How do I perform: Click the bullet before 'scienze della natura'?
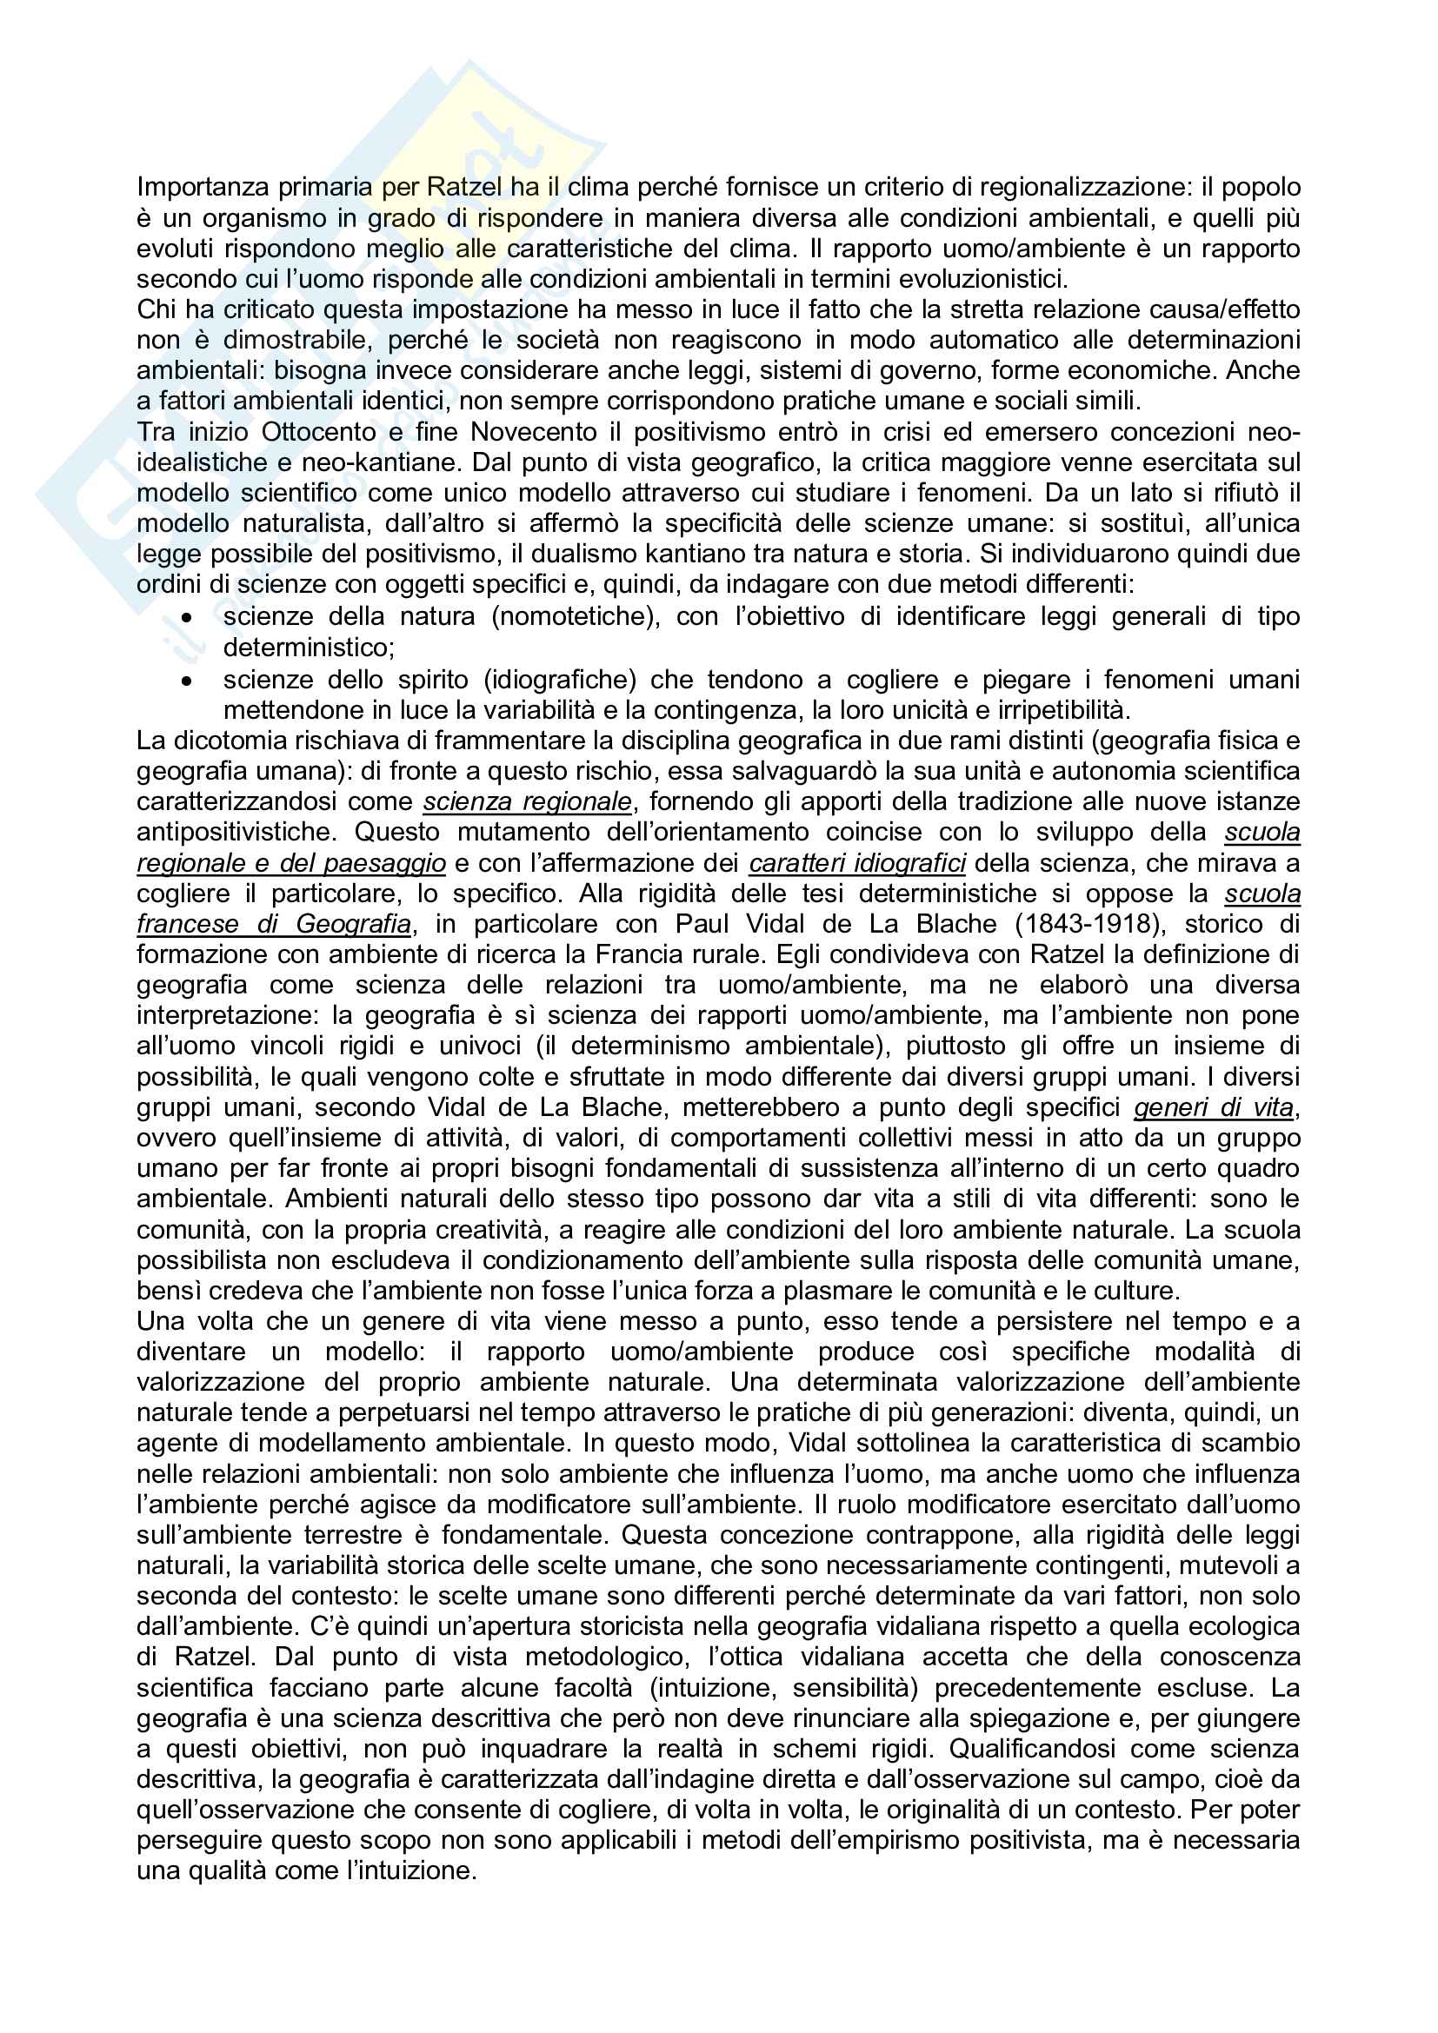click(x=186, y=617)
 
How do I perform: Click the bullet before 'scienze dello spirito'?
click(x=186, y=680)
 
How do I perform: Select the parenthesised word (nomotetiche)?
click(x=576, y=616)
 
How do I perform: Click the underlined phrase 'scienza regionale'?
click(x=528, y=802)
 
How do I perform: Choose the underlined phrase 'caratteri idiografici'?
click(x=857, y=863)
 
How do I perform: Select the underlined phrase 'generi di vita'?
click(x=1214, y=1107)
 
